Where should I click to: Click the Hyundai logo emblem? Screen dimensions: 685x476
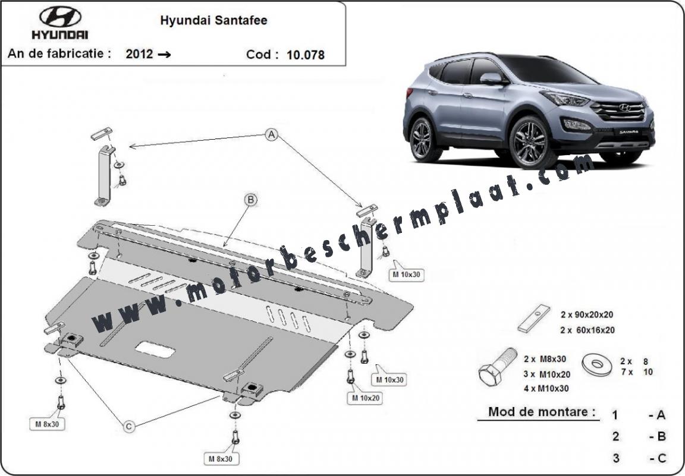coord(60,17)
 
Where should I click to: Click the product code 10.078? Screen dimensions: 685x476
coord(306,55)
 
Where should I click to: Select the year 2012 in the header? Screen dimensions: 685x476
coord(139,53)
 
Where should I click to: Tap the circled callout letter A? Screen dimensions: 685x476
coord(272,135)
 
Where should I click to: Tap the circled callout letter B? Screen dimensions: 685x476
coord(251,200)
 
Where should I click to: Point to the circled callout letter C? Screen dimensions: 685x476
coord(129,425)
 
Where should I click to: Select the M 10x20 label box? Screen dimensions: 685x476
coord(365,398)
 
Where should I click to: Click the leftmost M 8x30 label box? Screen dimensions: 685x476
coord(47,423)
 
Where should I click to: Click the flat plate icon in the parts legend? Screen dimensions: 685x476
coord(534,319)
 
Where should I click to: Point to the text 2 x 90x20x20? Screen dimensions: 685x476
coord(587,314)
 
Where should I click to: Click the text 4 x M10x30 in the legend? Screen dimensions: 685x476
coord(546,388)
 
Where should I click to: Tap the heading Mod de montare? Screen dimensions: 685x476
coord(542,411)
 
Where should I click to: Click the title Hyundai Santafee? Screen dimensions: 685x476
coord(213,21)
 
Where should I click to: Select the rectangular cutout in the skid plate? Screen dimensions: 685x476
coord(155,350)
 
